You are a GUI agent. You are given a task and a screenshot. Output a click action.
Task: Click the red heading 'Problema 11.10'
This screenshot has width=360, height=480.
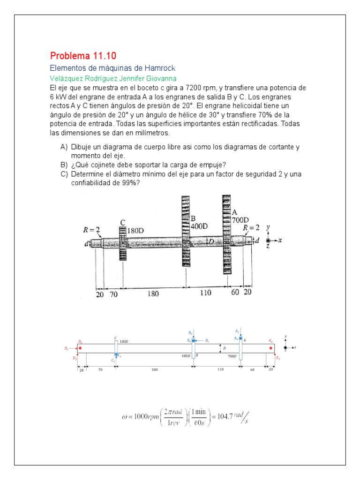(x=78, y=56)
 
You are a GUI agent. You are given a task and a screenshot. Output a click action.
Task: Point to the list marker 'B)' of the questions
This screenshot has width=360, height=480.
(x=64, y=165)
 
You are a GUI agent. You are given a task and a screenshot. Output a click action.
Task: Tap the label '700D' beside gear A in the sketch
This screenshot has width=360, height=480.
(x=240, y=219)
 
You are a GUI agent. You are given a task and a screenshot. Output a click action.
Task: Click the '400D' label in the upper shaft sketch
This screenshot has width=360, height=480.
(x=199, y=226)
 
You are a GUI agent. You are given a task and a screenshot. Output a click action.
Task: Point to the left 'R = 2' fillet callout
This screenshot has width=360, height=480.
(x=91, y=230)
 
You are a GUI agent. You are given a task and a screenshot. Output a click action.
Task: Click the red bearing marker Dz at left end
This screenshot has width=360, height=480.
(x=81, y=348)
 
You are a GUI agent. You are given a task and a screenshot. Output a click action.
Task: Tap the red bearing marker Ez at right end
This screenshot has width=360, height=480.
(x=270, y=348)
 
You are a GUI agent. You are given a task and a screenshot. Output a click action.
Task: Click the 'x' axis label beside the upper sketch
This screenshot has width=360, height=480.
(x=279, y=240)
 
